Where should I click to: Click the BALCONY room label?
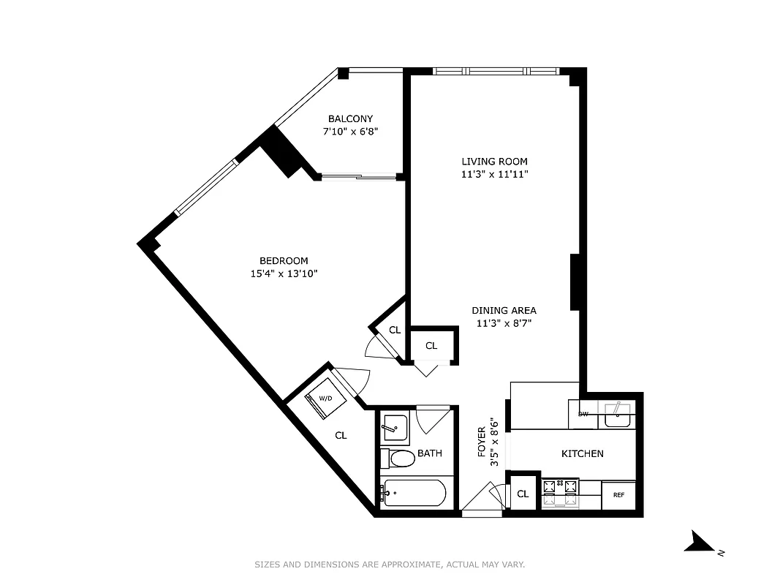(x=350, y=118)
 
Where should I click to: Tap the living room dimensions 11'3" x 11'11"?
(x=494, y=174)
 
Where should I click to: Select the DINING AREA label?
(x=504, y=310)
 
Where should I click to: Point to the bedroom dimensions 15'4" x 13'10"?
(x=284, y=273)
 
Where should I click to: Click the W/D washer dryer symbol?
(x=326, y=399)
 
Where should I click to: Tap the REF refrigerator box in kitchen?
(x=618, y=495)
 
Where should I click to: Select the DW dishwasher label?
(x=583, y=414)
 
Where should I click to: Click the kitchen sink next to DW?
(x=616, y=415)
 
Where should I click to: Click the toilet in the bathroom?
(x=399, y=458)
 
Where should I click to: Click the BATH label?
(x=430, y=453)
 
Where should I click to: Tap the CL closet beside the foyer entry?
(x=523, y=494)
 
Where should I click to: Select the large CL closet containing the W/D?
(x=341, y=435)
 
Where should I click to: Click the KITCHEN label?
(x=582, y=453)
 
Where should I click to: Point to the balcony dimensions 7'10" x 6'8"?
(x=350, y=132)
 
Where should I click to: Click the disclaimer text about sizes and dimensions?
(x=390, y=565)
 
